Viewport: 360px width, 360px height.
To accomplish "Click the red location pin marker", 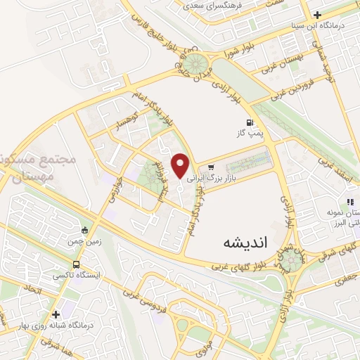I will click(x=181, y=165).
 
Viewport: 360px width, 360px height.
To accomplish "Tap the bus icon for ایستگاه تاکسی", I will click(x=76, y=264).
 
